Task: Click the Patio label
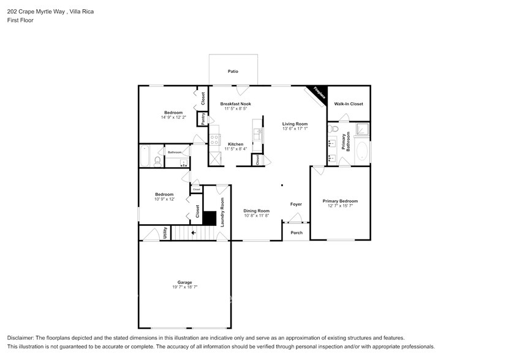point(233,72)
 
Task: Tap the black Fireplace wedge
point(319,93)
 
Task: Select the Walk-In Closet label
point(348,104)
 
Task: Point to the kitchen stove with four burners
point(214,140)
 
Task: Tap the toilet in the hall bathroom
point(157,162)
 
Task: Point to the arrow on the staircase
point(194,233)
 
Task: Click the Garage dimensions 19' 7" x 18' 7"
point(184,287)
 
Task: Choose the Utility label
point(165,233)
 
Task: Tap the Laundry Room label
point(222,212)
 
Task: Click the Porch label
point(296,233)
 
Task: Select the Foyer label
point(296,204)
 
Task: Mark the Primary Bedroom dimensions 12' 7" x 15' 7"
point(340,206)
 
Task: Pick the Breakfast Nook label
point(235,104)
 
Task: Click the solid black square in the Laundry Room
point(210,219)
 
